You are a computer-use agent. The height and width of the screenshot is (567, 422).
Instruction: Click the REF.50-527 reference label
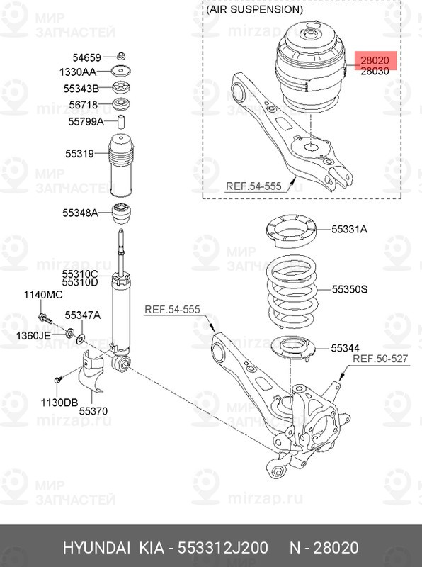coord(380,359)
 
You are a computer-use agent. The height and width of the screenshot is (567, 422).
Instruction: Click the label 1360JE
coord(33,335)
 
